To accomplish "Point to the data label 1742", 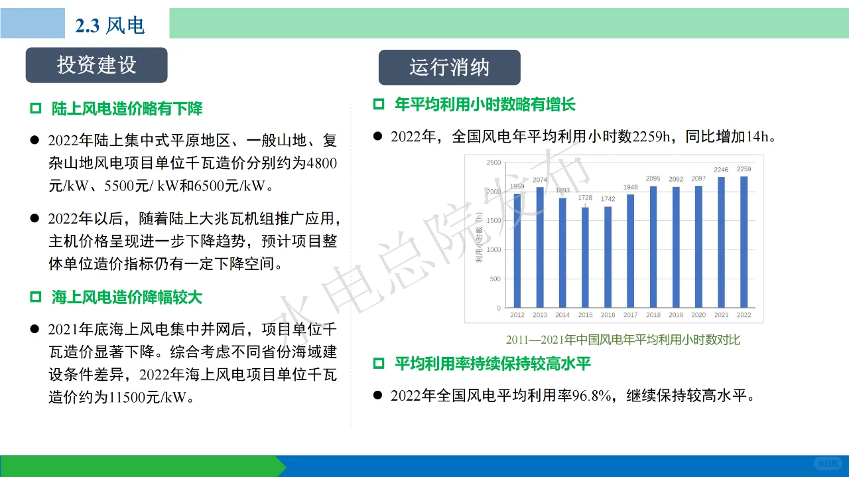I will click(608, 199).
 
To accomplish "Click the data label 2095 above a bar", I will click(653, 178).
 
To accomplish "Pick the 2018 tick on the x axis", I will click(653, 315).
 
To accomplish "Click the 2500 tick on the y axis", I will click(493, 163).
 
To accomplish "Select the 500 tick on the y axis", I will click(495, 279).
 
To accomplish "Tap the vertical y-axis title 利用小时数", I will click(478, 236).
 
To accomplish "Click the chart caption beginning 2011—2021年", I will click(623, 340).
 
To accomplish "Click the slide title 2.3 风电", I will click(109, 25).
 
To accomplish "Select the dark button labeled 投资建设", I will click(97, 65).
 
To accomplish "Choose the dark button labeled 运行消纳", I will click(449, 68).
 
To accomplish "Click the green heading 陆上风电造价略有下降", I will click(127, 109).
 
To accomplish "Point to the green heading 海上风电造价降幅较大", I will click(127, 297).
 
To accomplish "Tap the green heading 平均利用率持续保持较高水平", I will click(492, 364).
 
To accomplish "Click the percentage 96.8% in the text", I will click(590, 396).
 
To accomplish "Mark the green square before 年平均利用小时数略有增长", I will click(379, 104).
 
